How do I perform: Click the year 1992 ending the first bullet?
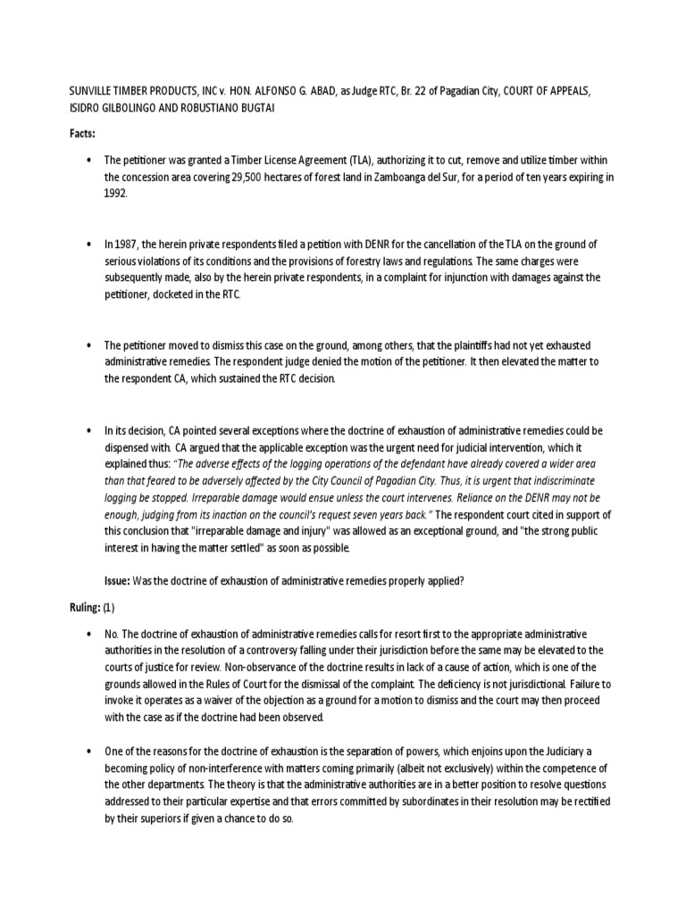pyautogui.click(x=116, y=193)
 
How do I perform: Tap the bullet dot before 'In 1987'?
pyautogui.click(x=88, y=245)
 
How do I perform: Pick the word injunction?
pyautogui.click(x=464, y=278)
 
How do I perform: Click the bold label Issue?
pyautogui.click(x=117, y=580)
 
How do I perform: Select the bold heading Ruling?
pyautogui.click(x=85, y=608)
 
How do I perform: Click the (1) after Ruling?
pyautogui.click(x=109, y=608)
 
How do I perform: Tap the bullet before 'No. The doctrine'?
pyautogui.click(x=88, y=634)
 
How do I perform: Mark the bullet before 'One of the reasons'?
pyautogui.click(x=88, y=752)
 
